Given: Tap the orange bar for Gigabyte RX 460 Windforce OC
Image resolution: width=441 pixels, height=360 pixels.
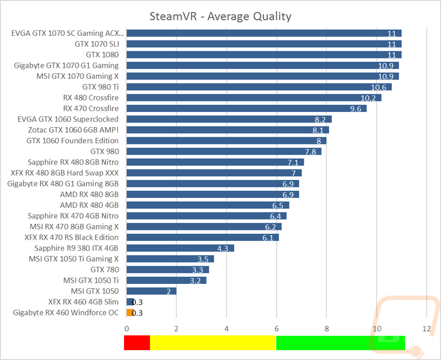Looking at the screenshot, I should coord(130,313).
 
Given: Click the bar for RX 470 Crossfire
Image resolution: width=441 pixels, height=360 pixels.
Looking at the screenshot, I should coord(246,109).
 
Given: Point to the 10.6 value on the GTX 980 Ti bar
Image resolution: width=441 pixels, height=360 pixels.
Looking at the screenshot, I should coord(378,87).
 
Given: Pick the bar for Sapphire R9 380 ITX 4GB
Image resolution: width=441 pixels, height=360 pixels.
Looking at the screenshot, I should coord(180,248).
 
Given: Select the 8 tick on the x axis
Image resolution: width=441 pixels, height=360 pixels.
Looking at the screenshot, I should coord(326,328).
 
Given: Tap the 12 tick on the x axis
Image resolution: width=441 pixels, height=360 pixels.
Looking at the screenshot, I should coord(426,328).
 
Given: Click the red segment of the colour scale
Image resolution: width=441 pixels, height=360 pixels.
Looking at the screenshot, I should coord(137,343).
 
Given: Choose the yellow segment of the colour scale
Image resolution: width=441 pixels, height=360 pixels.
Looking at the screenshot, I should coord(212,343).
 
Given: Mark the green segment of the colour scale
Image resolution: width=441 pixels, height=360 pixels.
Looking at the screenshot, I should coord(340,343).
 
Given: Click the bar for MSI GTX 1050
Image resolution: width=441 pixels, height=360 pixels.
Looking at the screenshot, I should coord(151,291).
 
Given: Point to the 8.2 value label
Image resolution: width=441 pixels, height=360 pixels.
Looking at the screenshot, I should coord(320,119).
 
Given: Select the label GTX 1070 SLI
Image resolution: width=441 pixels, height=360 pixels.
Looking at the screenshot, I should coord(96,44).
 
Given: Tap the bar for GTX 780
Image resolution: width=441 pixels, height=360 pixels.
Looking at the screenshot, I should coord(168,270).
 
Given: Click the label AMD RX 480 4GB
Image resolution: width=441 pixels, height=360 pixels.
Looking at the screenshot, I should coord(89,205).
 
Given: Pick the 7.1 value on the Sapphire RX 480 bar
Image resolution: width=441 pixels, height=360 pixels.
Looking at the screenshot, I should coord(293,162).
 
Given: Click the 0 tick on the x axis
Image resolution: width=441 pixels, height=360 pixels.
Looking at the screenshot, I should coord(127,328).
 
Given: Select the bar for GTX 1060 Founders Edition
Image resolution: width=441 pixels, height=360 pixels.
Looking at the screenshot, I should coord(226,141).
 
